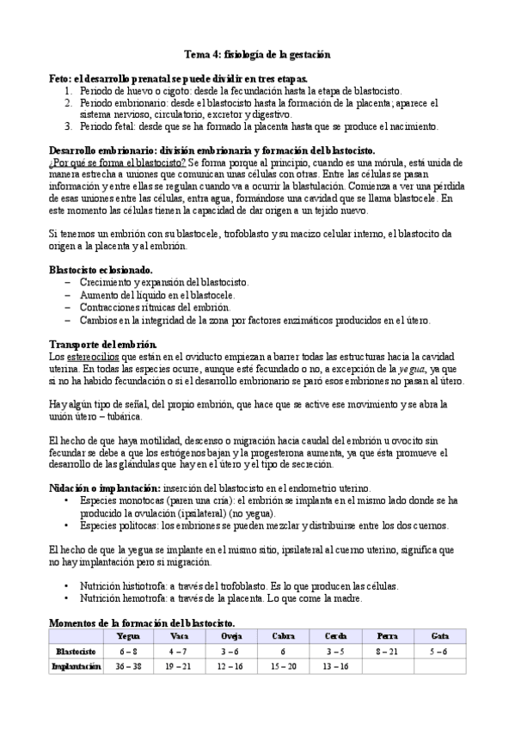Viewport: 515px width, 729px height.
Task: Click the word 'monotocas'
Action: click(x=144, y=499)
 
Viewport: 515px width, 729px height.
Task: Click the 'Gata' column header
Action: click(x=438, y=636)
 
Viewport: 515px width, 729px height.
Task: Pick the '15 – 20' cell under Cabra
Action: click(x=282, y=665)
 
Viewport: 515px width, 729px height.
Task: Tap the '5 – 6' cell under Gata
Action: click(x=438, y=651)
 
